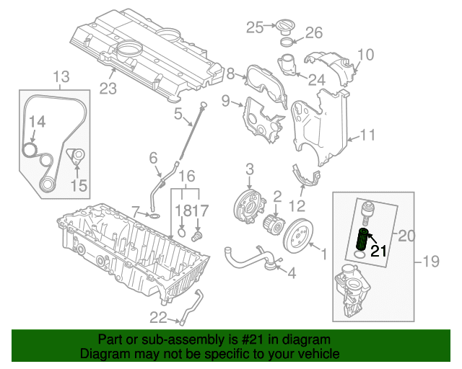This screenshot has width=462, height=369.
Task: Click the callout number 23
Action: (108, 88)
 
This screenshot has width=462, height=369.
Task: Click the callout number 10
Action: (365, 54)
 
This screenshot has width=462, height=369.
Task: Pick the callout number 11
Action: (368, 134)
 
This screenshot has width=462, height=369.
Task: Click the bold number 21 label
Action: (380, 251)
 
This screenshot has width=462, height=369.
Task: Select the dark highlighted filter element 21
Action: (363, 239)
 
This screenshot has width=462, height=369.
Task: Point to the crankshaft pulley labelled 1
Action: (297, 236)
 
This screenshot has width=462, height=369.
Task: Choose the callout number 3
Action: (250, 169)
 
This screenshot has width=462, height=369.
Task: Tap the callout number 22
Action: (158, 317)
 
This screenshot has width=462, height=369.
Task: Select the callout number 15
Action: (79, 186)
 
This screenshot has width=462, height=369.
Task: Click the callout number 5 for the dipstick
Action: (178, 113)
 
